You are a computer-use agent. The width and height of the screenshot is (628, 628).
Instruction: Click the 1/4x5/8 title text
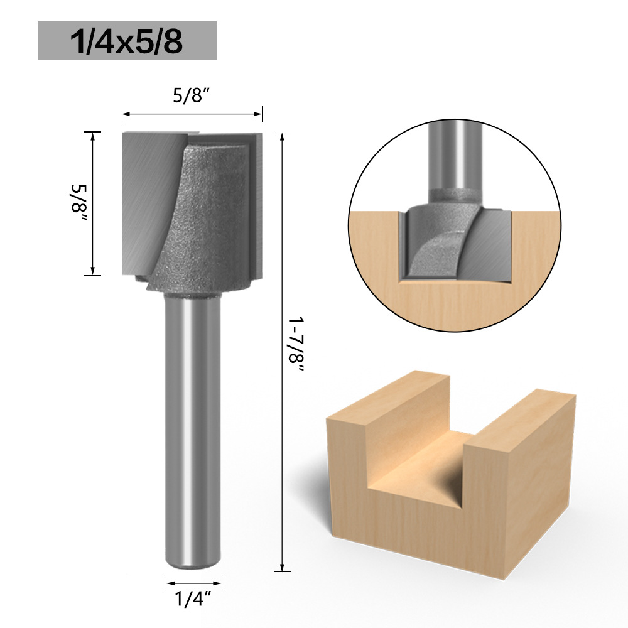127,41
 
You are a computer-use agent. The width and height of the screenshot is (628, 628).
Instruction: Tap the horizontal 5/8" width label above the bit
192,96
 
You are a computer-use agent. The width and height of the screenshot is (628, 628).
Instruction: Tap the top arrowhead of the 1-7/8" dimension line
283,138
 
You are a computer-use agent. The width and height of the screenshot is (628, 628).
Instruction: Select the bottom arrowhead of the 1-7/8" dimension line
283,566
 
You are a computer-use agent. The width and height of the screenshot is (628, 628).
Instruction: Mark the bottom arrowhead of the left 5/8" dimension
93,271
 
